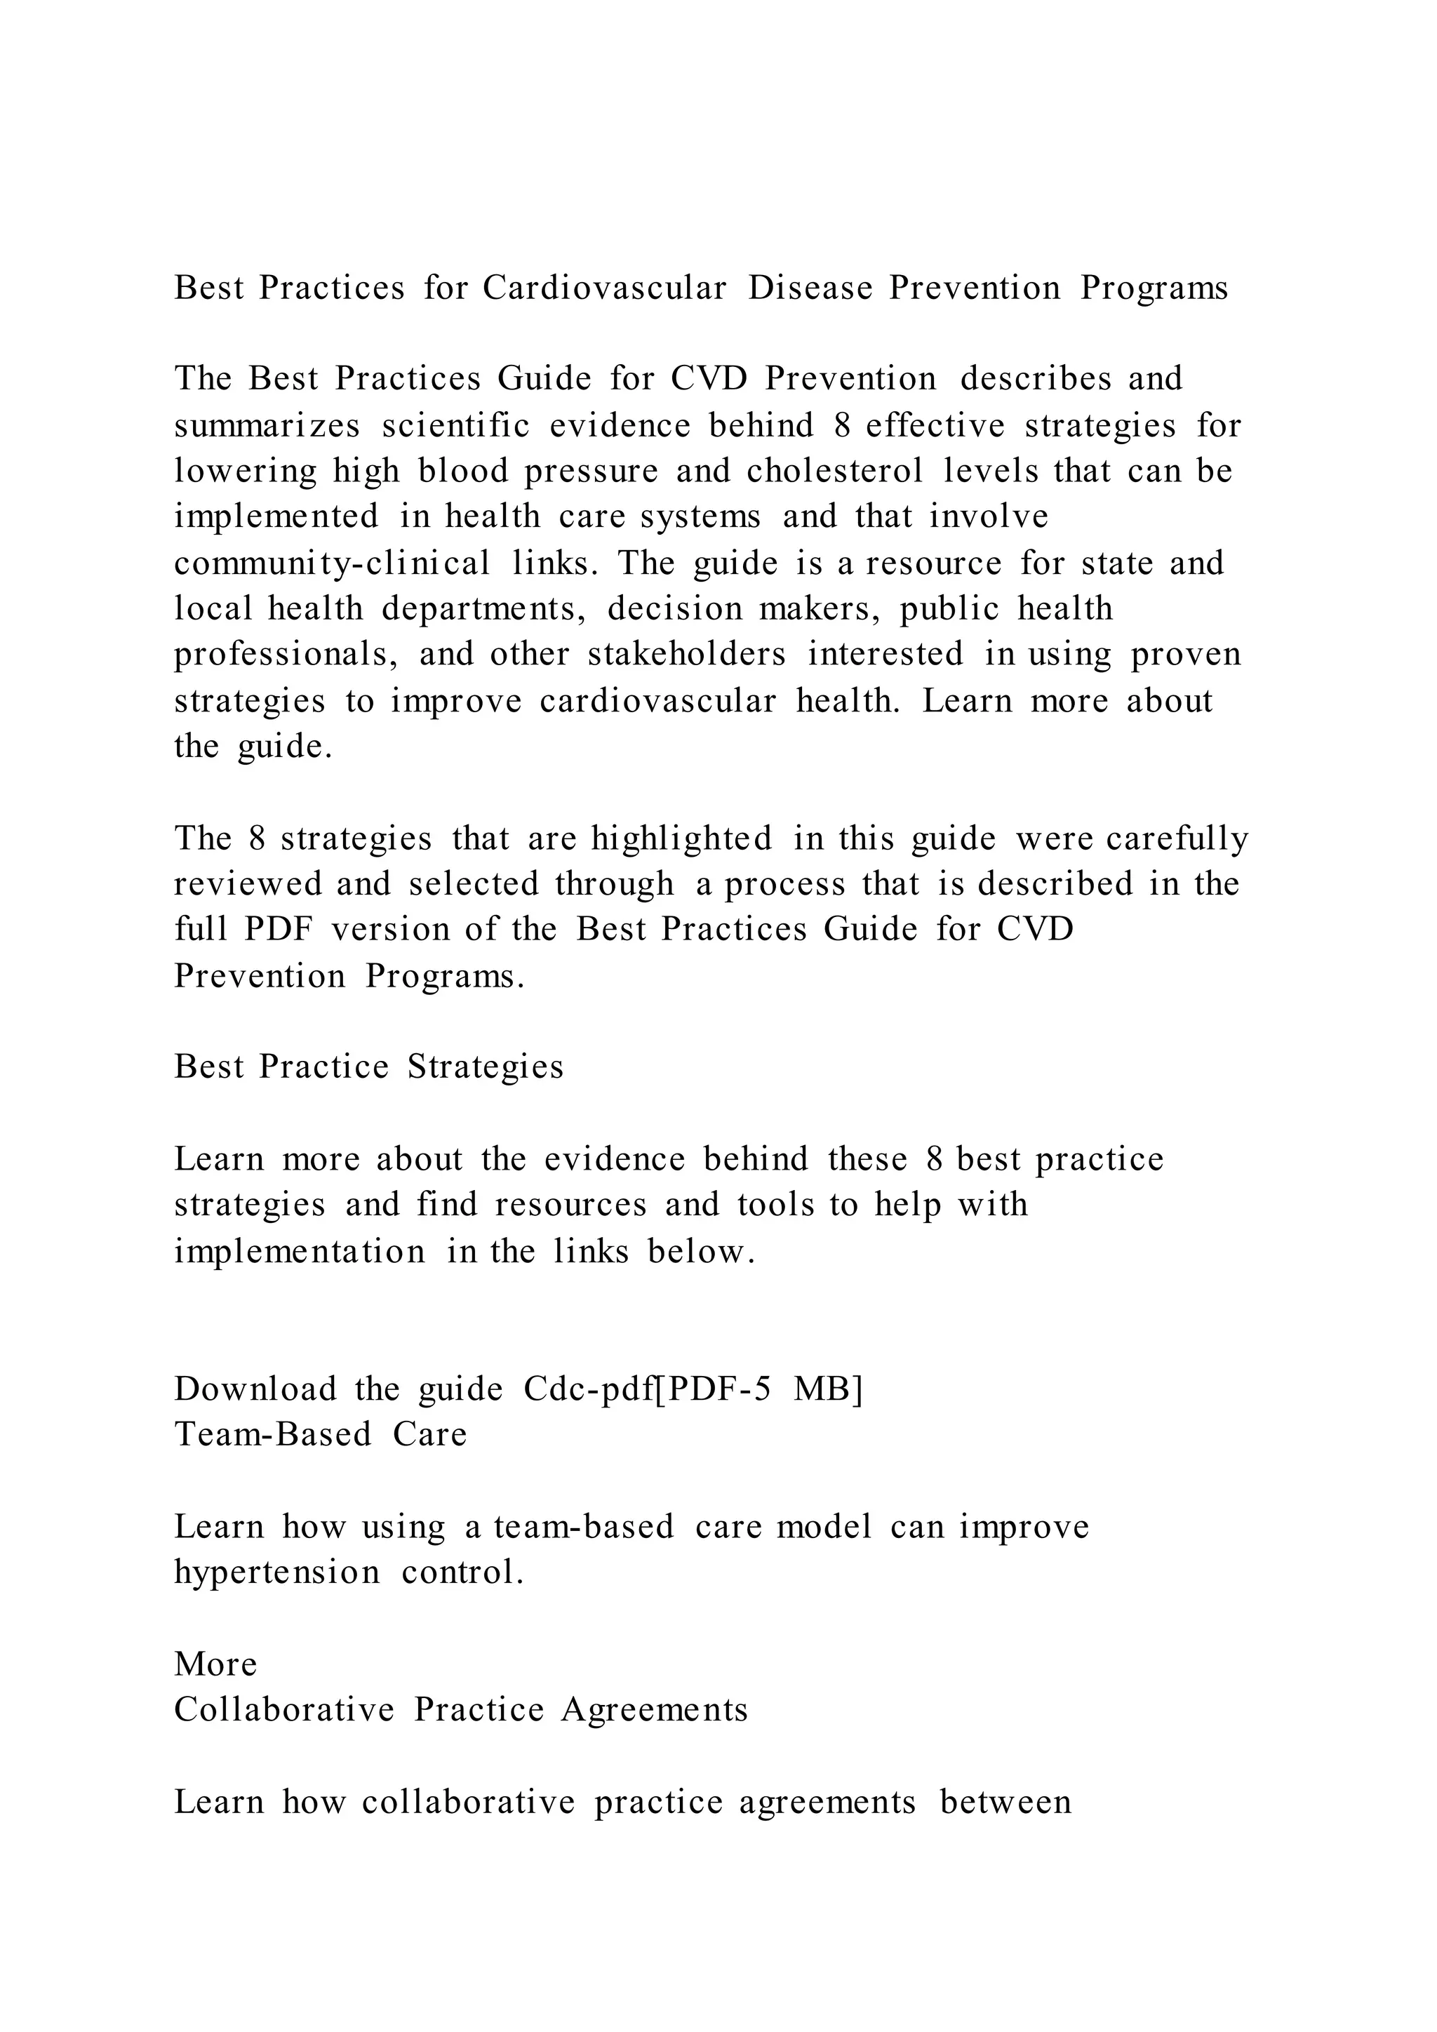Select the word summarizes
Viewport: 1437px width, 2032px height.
point(267,426)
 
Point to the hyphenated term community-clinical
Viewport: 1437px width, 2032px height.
point(332,563)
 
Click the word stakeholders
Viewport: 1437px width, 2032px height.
point(687,654)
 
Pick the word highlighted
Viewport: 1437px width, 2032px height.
point(681,838)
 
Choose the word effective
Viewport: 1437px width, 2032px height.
point(935,426)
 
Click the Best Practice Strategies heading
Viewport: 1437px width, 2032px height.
point(369,1067)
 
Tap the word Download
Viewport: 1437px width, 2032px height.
point(255,1389)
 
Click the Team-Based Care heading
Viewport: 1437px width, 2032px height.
point(321,1433)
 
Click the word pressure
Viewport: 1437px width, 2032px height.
point(591,471)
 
